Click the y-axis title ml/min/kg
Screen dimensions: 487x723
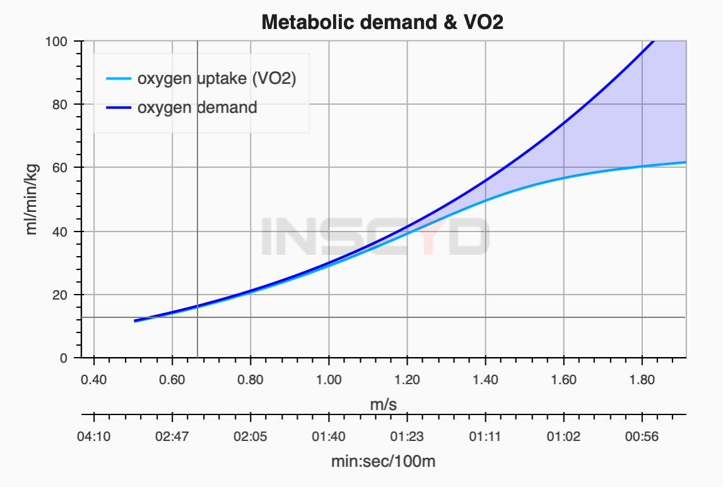pos(32,199)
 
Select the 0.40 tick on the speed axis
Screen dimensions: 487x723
pos(94,380)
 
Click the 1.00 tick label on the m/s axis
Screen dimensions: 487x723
pos(329,380)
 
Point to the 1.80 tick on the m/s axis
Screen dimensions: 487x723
pos(642,380)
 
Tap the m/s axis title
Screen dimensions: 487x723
pos(383,404)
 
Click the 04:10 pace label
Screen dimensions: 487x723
pos(94,437)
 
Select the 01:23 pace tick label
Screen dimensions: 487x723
pos(407,437)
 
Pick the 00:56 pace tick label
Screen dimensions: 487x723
pos(642,437)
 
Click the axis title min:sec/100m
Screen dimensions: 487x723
pos(383,461)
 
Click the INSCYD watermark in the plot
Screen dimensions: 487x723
pos(375,236)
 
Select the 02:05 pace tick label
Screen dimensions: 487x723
pos(250,437)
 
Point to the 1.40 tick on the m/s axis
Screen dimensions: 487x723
pos(485,380)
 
